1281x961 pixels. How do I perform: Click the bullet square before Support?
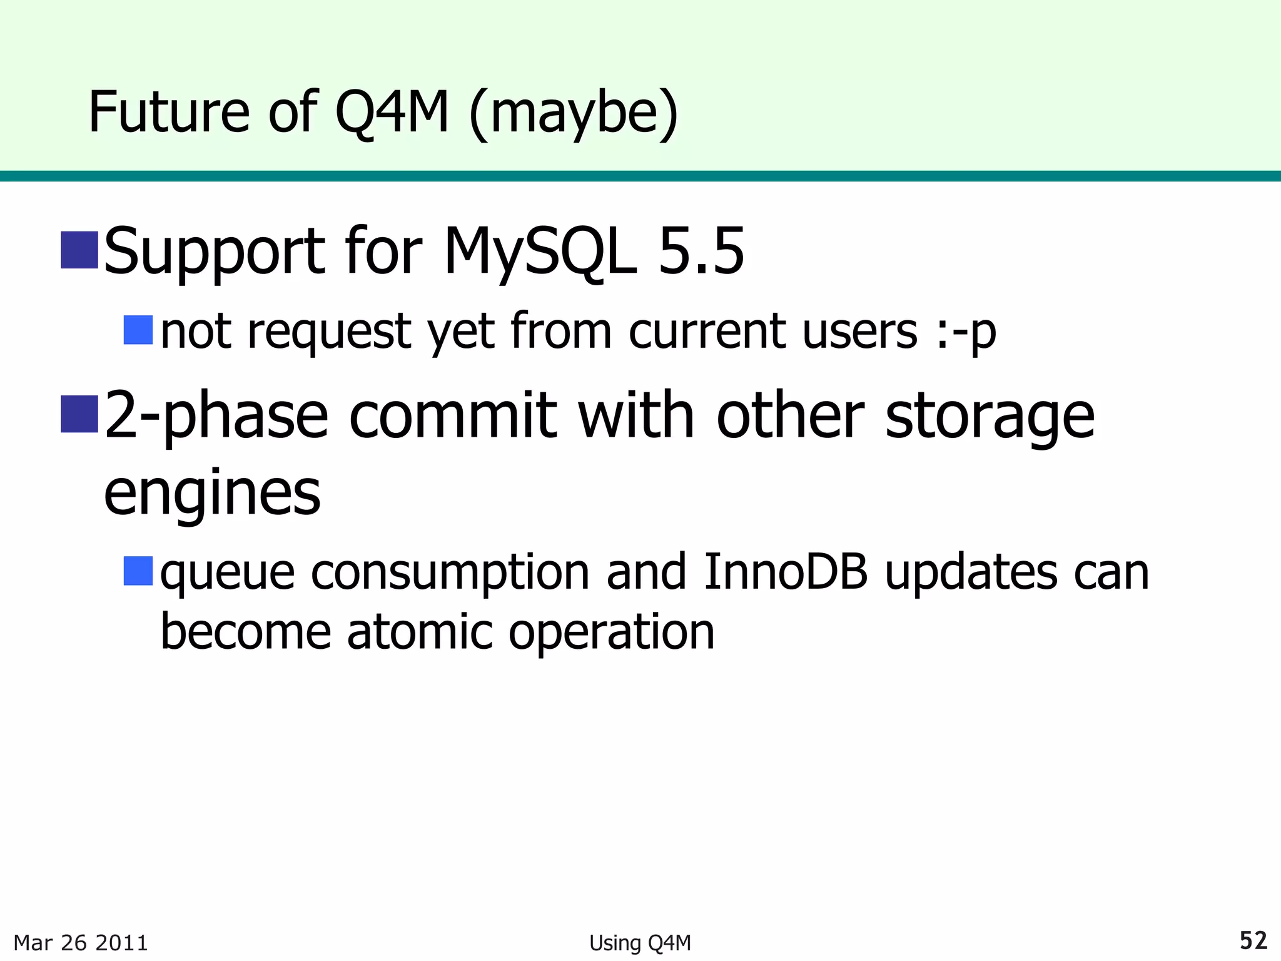pyautogui.click(x=79, y=250)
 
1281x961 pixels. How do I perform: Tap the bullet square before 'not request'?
pyautogui.click(x=138, y=330)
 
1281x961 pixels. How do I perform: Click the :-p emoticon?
pyautogui.click(x=966, y=332)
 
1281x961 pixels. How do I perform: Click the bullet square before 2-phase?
pyautogui.click(x=79, y=414)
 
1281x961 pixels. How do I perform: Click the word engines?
pyautogui.click(x=212, y=494)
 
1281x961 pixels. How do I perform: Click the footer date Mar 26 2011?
pyautogui.click(x=81, y=942)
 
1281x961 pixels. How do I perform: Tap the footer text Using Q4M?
pyautogui.click(x=640, y=942)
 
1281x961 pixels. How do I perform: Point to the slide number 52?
pyautogui.click(x=1253, y=940)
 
